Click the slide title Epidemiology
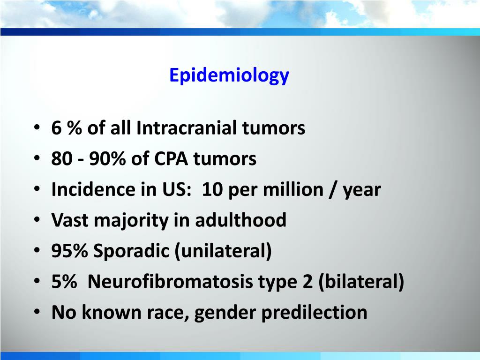coord(229,75)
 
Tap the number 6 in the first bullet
coord(57,128)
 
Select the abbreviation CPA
coord(171,159)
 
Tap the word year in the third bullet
coord(361,190)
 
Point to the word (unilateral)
coord(223,251)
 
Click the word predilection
coord(314,313)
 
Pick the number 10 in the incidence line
coord(213,190)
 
